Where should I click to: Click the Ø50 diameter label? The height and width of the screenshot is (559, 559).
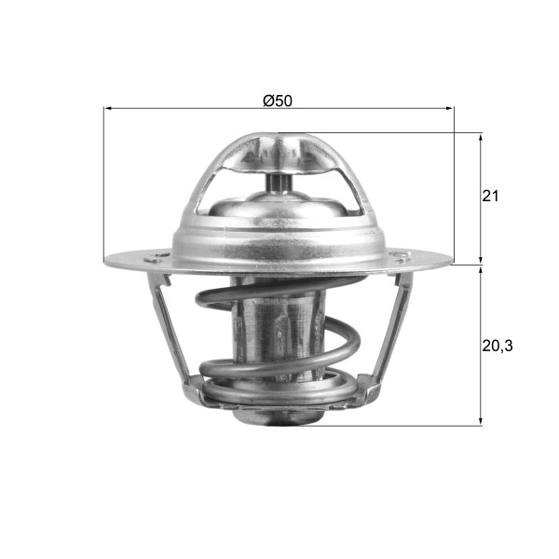click(278, 101)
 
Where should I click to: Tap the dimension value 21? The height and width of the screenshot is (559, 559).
click(491, 197)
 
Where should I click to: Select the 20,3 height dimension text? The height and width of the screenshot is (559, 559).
click(498, 346)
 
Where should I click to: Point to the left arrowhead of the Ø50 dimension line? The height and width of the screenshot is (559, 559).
click(108, 109)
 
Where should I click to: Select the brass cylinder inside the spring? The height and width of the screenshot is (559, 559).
click(279, 335)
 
